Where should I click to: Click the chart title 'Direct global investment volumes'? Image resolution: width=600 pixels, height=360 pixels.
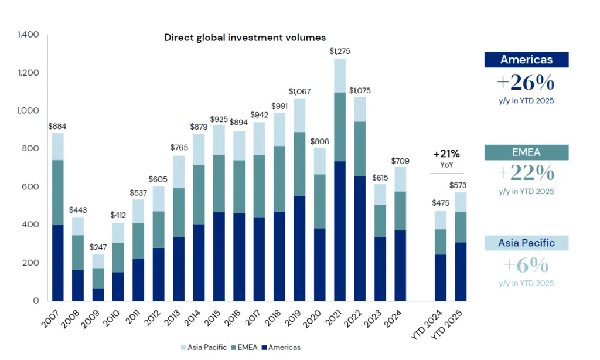[x=244, y=38]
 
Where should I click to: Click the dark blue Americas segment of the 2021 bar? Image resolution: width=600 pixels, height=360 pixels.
[x=340, y=230]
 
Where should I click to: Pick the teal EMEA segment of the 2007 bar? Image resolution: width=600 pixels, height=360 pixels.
[x=58, y=192]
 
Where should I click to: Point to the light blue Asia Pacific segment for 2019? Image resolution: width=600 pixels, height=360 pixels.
[x=299, y=116]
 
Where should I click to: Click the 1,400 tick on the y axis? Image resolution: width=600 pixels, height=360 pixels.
[x=28, y=35]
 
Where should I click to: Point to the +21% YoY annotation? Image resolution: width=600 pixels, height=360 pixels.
[x=446, y=158]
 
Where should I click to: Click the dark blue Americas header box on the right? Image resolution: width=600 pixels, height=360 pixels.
[x=526, y=59]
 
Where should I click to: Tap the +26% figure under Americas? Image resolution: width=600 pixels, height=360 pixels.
[x=526, y=81]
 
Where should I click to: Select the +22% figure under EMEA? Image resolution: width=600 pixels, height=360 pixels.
[x=526, y=173]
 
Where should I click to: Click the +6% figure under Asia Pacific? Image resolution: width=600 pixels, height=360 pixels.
[x=526, y=266]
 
